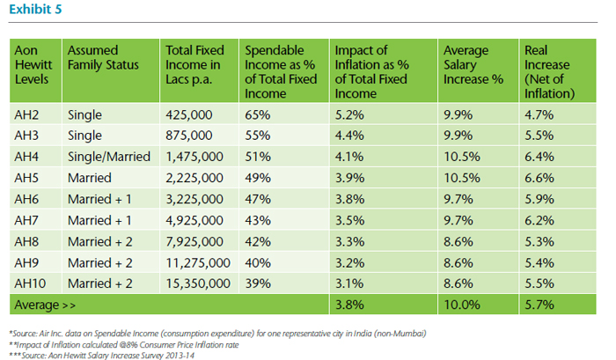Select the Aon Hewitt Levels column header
coord(33,66)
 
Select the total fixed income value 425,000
coord(189,114)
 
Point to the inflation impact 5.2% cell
coord(348,114)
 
